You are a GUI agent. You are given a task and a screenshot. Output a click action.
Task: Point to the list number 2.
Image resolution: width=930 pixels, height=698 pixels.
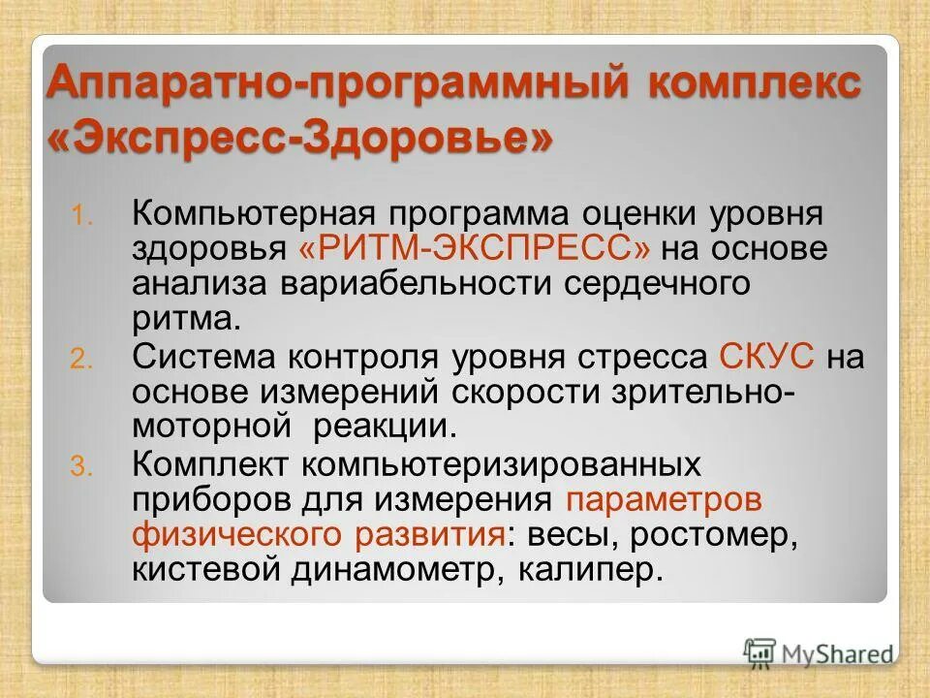pyautogui.click(x=79, y=360)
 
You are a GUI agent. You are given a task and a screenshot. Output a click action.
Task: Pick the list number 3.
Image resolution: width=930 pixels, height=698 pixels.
pyautogui.click(x=79, y=467)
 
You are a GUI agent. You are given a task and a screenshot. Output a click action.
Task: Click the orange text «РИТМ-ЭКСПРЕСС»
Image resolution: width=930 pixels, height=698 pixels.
pyautogui.click(x=475, y=248)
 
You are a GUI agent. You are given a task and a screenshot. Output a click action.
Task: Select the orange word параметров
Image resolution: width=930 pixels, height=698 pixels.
pyautogui.click(x=664, y=500)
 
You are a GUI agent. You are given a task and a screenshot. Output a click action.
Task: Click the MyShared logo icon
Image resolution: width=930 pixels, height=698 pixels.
pyautogui.click(x=760, y=652)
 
